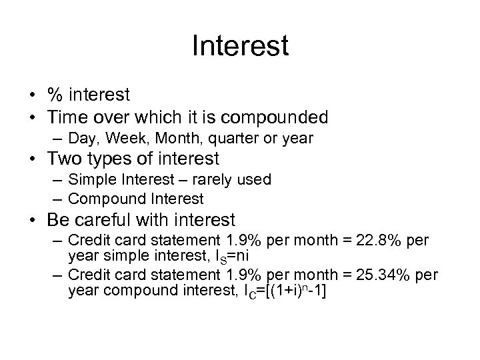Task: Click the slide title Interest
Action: pos(240,46)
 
